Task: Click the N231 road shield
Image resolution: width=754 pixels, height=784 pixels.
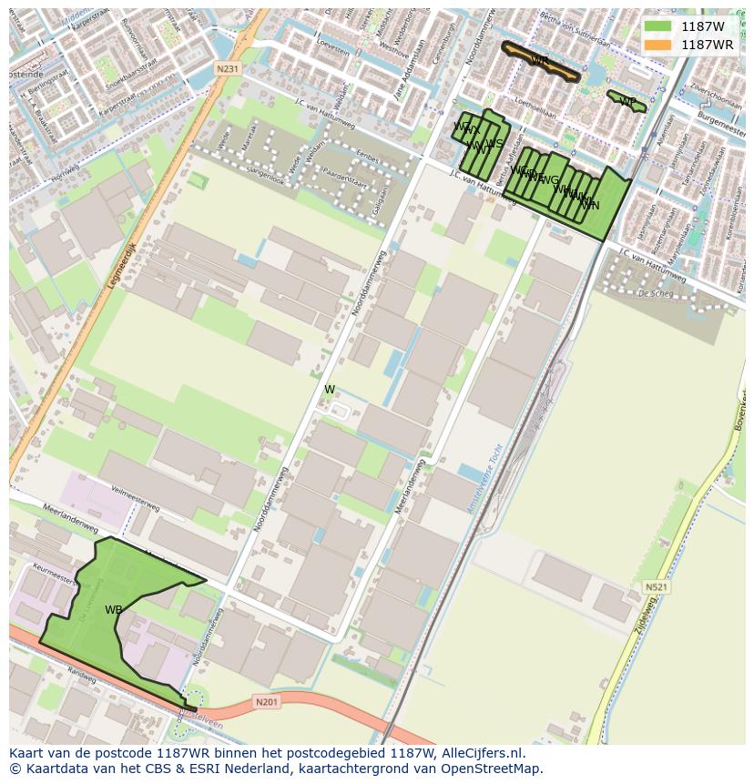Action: click(228, 69)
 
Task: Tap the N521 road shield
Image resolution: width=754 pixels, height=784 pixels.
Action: click(656, 587)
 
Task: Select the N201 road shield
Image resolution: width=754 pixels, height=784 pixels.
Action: click(266, 701)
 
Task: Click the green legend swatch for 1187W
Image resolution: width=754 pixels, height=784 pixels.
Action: click(657, 26)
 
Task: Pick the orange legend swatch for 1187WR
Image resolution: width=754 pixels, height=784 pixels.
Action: click(657, 45)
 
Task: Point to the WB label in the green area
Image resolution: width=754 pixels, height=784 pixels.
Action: click(113, 610)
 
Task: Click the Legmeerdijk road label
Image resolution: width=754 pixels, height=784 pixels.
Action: click(118, 264)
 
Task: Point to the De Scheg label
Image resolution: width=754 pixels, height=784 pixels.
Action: click(655, 293)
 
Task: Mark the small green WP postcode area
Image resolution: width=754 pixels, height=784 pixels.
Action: click(627, 102)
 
